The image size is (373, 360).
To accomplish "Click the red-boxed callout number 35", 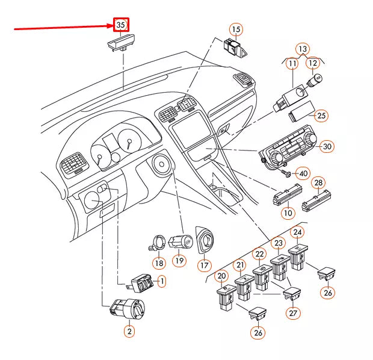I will tap(121, 25).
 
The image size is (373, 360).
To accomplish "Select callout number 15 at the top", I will tap(235, 29).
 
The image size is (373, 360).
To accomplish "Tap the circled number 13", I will tap(303, 49).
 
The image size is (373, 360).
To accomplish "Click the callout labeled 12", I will tap(313, 63).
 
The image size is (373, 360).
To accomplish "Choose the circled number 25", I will tap(321, 116).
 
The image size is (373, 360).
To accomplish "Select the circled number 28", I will tap(319, 182).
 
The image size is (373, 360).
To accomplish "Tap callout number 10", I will tap(288, 213).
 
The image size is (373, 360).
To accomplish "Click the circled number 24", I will tap(297, 232).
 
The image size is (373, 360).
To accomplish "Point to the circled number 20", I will tap(221, 276).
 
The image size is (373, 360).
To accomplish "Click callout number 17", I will tap(204, 264).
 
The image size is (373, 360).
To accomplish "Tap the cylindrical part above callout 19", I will tap(180, 242).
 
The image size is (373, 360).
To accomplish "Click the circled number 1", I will tap(161, 281).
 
